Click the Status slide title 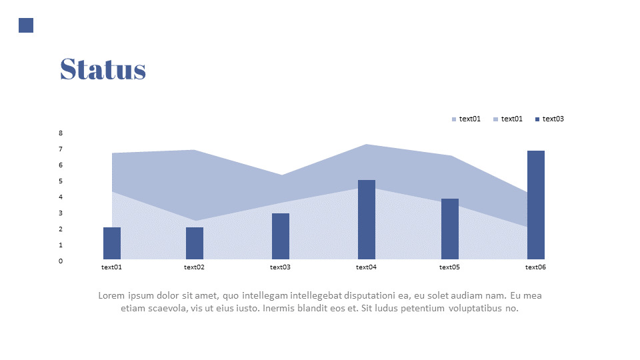coord(103,69)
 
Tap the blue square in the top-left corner coord(26,25)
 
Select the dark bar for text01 coord(112,243)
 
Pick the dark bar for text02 coord(195,243)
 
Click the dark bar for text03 coord(281,236)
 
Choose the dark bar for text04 coord(367,219)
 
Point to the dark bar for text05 coord(450,229)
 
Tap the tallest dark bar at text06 coord(536,205)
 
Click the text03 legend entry coord(549,119)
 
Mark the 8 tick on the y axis coord(61,133)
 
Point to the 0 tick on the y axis coord(61,261)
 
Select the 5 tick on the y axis coord(61,181)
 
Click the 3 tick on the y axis coord(61,213)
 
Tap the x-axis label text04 coord(366,267)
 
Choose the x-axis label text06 coord(535,267)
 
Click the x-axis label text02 coord(194,267)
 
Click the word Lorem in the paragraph coord(111,295)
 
